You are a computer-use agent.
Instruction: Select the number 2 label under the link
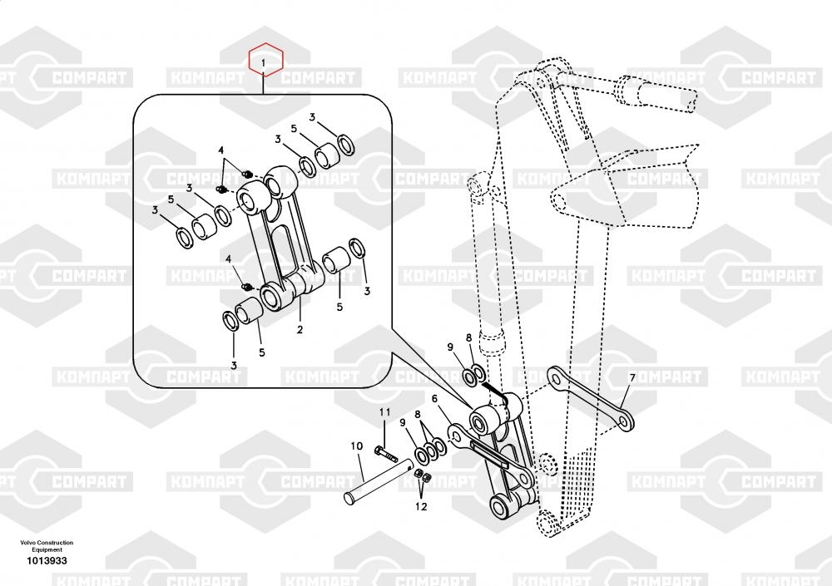[x=300, y=330]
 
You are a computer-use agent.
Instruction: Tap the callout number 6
[x=434, y=398]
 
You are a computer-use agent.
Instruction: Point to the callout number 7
[x=631, y=378]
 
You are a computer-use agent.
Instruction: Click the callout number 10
[x=356, y=446]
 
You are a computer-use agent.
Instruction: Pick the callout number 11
[x=384, y=412]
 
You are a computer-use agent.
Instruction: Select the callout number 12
[x=422, y=505]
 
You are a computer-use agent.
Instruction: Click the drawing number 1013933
[x=47, y=562]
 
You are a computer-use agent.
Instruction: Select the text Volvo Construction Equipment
[x=47, y=546]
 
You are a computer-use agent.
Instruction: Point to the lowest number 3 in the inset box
[x=234, y=365]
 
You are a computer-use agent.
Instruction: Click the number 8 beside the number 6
[x=418, y=413]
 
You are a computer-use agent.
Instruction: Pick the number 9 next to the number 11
[x=403, y=422]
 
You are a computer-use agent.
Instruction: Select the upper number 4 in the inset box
[x=222, y=150]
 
